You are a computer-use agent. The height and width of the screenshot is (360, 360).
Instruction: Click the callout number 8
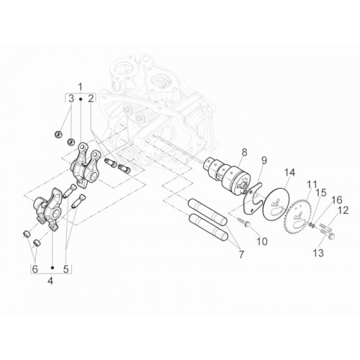click(245, 153)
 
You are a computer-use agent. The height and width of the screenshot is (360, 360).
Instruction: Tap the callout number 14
click(289, 173)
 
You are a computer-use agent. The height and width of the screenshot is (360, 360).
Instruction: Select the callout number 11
click(312, 185)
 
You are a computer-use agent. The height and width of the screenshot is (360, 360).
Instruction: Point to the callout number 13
click(318, 253)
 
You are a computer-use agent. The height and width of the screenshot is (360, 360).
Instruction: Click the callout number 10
click(262, 241)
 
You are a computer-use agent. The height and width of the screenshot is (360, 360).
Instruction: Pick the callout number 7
click(241, 254)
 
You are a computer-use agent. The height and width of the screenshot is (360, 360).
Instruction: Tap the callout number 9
click(264, 161)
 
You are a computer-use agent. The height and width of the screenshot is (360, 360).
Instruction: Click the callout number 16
click(337, 200)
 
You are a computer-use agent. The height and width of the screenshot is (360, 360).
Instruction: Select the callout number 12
click(343, 210)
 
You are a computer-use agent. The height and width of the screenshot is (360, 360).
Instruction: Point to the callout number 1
click(81, 86)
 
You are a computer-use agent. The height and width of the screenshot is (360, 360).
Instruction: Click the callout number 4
click(50, 281)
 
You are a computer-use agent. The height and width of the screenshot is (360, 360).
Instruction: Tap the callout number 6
click(35, 269)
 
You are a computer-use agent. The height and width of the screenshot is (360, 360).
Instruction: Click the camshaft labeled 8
click(226, 177)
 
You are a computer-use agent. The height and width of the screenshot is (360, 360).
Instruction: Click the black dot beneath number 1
click(81, 99)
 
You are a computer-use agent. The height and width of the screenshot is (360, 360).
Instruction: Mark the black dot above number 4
click(53, 268)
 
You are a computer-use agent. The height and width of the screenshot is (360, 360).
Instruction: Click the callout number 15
click(321, 192)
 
